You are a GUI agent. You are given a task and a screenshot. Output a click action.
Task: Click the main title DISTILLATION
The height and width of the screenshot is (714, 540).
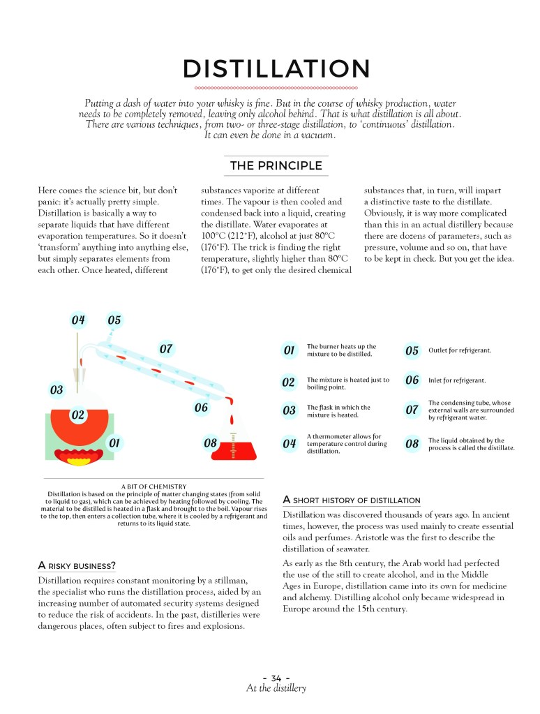click(x=276, y=69)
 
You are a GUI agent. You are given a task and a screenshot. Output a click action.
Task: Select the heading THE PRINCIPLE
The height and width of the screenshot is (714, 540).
click(x=276, y=165)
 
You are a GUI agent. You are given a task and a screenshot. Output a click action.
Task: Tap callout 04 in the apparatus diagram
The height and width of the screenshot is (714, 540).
click(x=78, y=320)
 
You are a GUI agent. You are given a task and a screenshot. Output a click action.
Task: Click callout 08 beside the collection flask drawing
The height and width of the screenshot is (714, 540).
click(x=210, y=442)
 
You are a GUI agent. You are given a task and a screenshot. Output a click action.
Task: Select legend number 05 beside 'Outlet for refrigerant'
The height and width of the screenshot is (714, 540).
click(x=412, y=350)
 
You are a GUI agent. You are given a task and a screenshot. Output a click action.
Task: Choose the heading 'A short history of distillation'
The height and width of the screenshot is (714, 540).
click(x=351, y=500)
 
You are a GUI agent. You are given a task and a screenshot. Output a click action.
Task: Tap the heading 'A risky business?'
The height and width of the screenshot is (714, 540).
click(x=77, y=564)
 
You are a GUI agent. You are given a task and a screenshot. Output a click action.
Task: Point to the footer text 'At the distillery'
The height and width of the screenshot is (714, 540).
click(x=276, y=689)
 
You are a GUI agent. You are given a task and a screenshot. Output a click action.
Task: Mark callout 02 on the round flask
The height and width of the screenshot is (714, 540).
click(x=78, y=414)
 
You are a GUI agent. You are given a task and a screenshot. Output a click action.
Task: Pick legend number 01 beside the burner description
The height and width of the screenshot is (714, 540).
click(x=289, y=350)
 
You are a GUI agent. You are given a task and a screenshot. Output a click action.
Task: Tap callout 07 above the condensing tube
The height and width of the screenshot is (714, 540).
click(x=166, y=348)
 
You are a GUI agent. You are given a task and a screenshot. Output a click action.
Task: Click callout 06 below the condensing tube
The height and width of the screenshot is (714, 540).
click(x=201, y=407)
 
